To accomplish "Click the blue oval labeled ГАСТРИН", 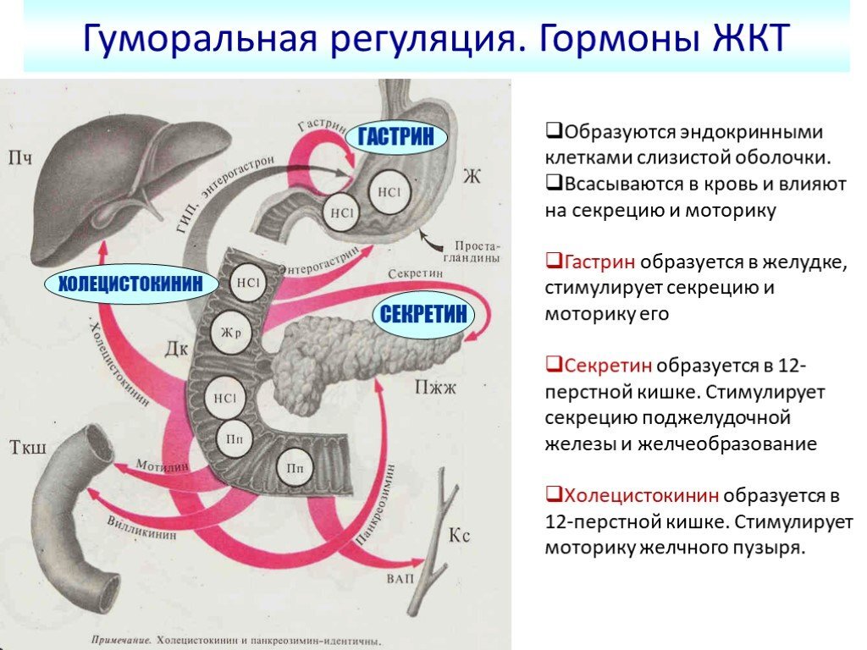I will pyautogui.click(x=395, y=136).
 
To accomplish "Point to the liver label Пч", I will pyautogui.click(x=20, y=157).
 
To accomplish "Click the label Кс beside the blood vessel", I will pyautogui.click(x=460, y=536).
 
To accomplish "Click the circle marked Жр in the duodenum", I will pyautogui.click(x=232, y=333).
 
